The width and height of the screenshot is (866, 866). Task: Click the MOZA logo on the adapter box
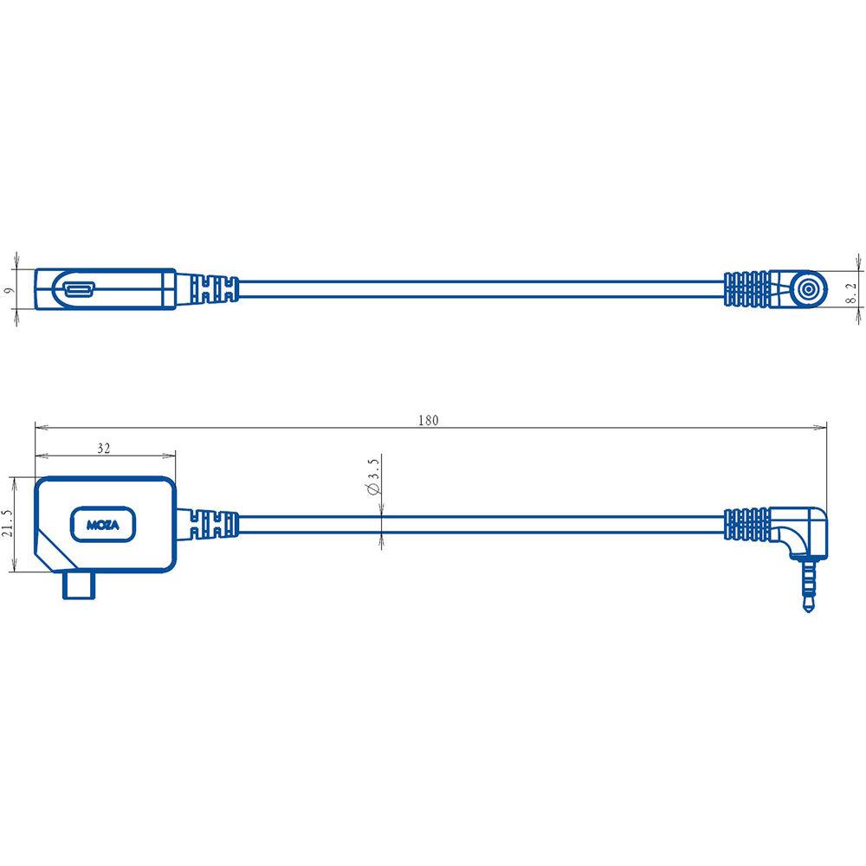(x=102, y=525)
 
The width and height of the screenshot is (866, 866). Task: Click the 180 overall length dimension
(x=428, y=420)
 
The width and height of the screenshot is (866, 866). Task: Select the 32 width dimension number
(x=104, y=449)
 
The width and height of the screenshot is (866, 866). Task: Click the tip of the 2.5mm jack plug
(x=808, y=609)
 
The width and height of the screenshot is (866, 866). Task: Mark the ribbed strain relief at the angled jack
(x=746, y=523)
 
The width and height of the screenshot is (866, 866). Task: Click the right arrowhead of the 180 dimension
(x=822, y=427)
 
